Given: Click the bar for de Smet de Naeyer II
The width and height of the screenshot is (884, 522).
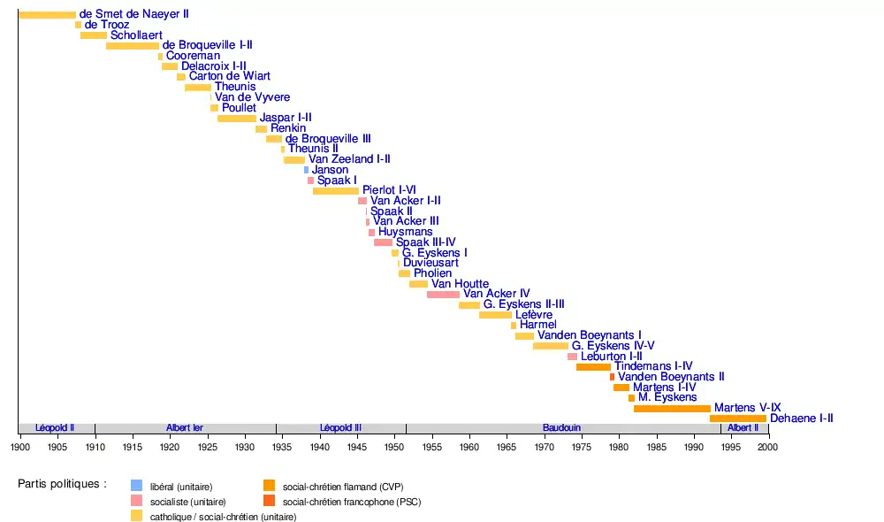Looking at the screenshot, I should click(x=47, y=15).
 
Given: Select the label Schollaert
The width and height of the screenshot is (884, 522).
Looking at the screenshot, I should click(x=134, y=35).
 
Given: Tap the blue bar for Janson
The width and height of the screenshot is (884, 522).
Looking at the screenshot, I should click(x=306, y=170).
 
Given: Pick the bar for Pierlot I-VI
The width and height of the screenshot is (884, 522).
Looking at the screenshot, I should click(x=336, y=190).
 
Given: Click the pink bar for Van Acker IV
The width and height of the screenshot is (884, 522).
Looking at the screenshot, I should click(x=443, y=294).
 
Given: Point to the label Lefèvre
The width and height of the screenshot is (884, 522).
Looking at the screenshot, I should click(x=534, y=315).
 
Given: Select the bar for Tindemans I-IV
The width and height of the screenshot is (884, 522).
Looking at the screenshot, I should click(x=593, y=366).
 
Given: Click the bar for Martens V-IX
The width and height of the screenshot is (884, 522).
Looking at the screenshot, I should click(x=672, y=408).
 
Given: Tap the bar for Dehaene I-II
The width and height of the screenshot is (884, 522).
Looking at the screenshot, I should click(x=738, y=418).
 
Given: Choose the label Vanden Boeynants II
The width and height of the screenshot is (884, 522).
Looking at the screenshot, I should click(x=671, y=377).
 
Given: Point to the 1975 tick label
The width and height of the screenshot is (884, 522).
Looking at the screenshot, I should click(x=582, y=447).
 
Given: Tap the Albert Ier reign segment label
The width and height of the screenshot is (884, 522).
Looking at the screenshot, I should click(x=185, y=428).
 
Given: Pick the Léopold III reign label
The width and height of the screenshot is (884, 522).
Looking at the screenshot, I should click(x=340, y=428).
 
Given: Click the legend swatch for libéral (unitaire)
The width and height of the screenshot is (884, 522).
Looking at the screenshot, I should click(x=136, y=485).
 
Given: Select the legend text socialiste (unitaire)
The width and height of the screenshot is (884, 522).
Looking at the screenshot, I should click(x=181, y=502).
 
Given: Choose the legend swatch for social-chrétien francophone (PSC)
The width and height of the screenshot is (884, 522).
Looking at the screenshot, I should click(x=270, y=502).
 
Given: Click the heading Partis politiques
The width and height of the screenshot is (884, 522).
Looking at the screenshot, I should click(x=62, y=484).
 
